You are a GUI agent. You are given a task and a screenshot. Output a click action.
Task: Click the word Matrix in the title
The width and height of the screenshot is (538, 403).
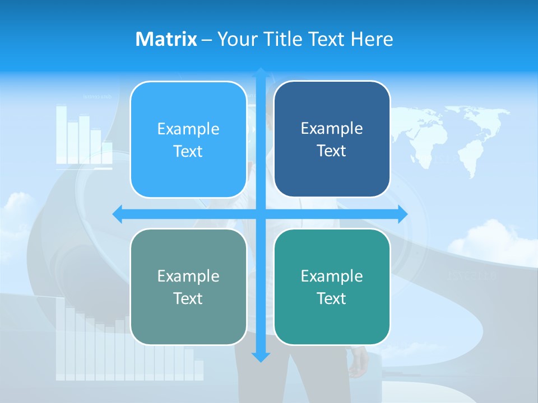166,39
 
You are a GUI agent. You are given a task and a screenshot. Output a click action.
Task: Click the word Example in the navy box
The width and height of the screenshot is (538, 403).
332,129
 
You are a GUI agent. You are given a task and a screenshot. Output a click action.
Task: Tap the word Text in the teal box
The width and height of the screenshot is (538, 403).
332,299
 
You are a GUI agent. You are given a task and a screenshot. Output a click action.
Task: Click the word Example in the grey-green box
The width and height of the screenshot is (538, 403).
188,277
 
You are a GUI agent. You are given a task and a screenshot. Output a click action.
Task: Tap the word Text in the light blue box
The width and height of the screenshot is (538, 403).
188,152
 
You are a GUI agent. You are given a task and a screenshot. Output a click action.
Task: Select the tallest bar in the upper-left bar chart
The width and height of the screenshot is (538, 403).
61,134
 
